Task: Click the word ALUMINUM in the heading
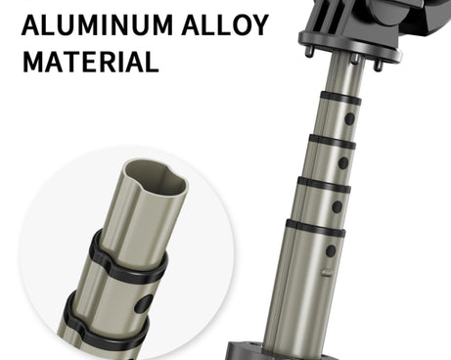coord(97,24)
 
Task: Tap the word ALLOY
coord(225,24)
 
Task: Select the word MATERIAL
coord(91,62)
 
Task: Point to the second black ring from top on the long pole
coord(332,142)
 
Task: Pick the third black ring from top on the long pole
coord(324,185)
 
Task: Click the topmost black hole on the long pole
coord(349,119)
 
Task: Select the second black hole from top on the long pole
coord(343,162)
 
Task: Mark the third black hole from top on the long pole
coord(338,206)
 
